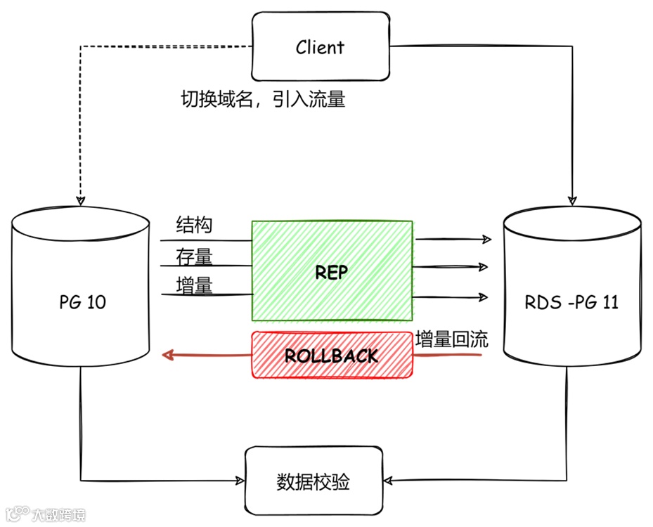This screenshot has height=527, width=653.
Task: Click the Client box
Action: pos(320,47)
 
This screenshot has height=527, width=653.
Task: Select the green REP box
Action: pos(332,271)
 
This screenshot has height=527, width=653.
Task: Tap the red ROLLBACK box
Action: pos(332,355)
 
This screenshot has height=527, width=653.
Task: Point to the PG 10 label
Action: pos(83,303)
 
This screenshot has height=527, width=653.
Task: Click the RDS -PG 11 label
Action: pos(571,303)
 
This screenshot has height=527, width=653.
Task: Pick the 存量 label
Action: pos(193,257)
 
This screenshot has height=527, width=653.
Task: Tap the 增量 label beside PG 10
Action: pos(193,285)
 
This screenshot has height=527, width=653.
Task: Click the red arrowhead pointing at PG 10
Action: pos(167,355)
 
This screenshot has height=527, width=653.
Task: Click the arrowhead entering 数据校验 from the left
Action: pos(240,481)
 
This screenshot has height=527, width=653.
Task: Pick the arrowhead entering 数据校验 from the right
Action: pos(388,481)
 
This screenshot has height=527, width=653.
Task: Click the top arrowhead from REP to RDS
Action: pos(486,240)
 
